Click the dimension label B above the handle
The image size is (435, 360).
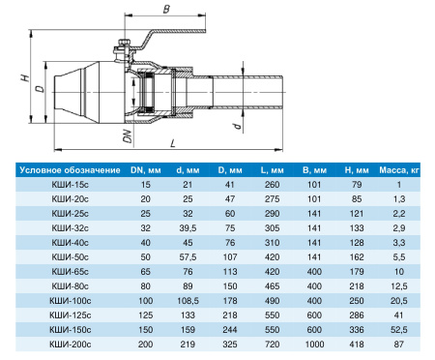[166, 9]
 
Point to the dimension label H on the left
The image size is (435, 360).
[25, 77]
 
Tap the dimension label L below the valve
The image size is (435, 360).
[173, 143]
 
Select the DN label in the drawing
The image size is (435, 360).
[128, 136]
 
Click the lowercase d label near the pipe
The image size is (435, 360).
[238, 126]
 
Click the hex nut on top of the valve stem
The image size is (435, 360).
[124, 43]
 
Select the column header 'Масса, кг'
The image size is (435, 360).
[399, 170]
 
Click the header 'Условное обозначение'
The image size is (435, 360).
[70, 170]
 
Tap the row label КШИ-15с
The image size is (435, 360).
[70, 185]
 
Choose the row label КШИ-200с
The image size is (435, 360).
[70, 345]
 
